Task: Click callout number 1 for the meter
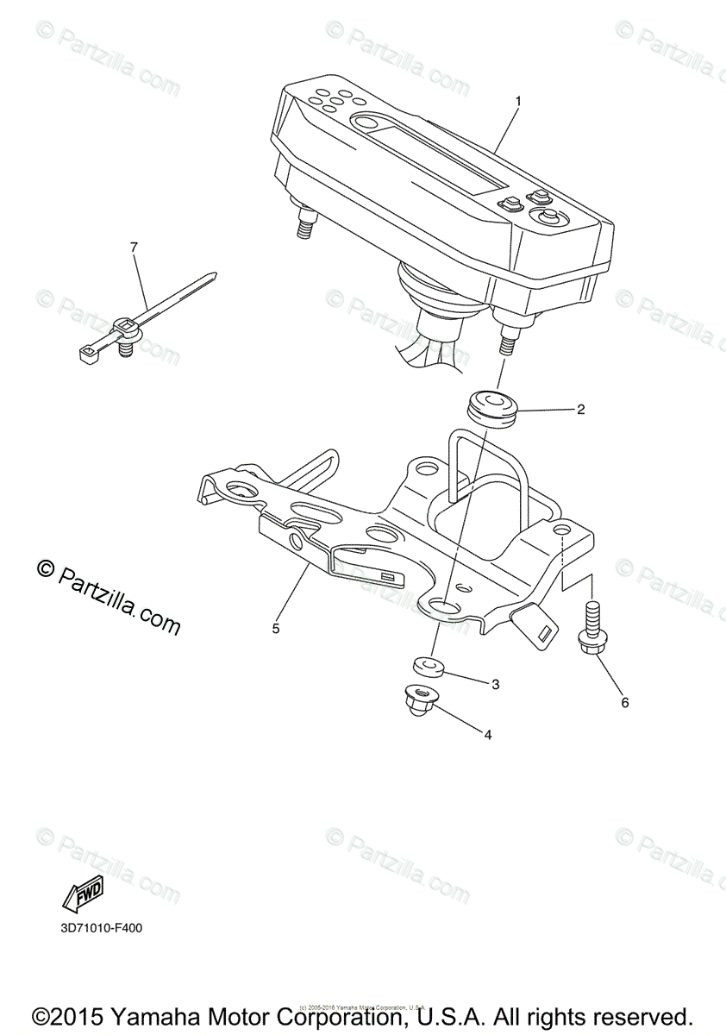click(518, 101)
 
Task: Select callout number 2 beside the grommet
click(580, 410)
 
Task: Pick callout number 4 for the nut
click(488, 735)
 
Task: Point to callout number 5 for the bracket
click(276, 629)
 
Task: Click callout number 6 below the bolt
click(625, 702)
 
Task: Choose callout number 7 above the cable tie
click(134, 248)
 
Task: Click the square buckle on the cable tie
click(127, 328)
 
